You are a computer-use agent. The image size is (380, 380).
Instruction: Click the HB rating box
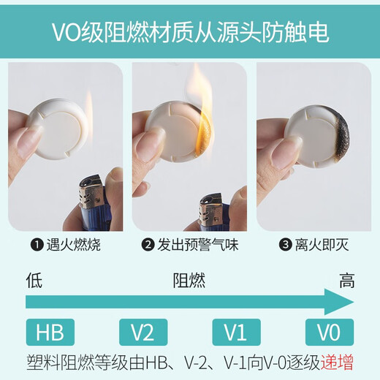click(x=50, y=332)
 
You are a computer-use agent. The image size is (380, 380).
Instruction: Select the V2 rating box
click(x=143, y=332)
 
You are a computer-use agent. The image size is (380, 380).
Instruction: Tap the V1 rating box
click(x=237, y=332)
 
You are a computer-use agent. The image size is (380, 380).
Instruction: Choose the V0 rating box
click(x=330, y=332)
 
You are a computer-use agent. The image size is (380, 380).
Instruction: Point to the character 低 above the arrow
click(x=34, y=280)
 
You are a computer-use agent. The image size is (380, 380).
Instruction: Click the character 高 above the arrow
click(x=347, y=281)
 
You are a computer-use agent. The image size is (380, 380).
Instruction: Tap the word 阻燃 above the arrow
click(x=189, y=281)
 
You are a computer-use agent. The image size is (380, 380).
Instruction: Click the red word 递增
click(x=337, y=363)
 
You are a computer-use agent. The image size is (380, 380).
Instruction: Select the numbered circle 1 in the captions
click(x=37, y=245)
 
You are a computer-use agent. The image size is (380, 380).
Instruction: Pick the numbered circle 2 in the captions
click(x=148, y=245)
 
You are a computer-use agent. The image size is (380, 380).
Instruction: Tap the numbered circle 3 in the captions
click(x=285, y=245)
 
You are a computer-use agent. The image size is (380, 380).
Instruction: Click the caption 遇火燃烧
click(x=73, y=245)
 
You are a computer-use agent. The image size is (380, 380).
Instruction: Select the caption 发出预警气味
click(x=198, y=245)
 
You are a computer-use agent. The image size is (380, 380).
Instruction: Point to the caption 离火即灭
click(x=322, y=245)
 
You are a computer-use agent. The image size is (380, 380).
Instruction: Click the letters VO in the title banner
click(x=66, y=32)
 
